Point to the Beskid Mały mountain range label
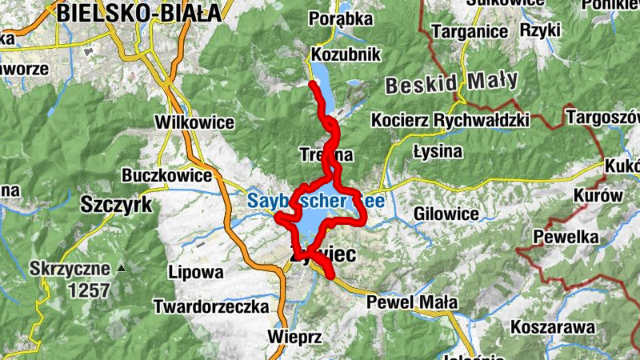(x=451, y=82)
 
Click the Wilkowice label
(x=196, y=122)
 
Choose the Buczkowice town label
(x=166, y=174)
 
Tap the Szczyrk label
(x=116, y=205)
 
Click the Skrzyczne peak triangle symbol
(x=121, y=268)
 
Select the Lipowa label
(x=196, y=272)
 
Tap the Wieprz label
(x=296, y=338)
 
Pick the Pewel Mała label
(x=412, y=303)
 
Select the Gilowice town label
(x=446, y=214)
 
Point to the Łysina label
(x=438, y=150)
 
